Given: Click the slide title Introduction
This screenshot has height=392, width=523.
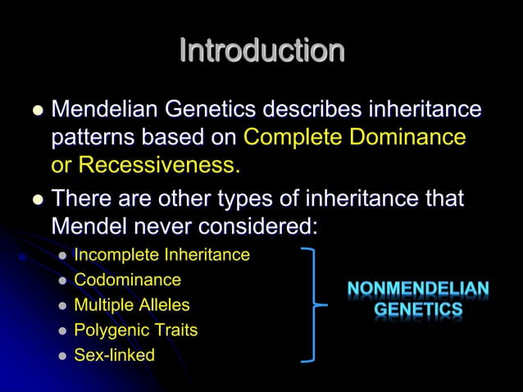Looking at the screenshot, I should click(261, 51).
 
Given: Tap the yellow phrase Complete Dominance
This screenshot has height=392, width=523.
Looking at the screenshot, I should click(355, 137).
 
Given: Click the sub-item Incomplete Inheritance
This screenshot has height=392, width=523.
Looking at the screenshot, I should click(161, 255).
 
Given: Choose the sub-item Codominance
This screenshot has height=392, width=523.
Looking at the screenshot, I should click(127, 280).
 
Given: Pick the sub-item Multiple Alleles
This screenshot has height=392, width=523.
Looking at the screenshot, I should click(131, 305).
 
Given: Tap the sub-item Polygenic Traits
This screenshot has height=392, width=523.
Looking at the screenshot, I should click(135, 330).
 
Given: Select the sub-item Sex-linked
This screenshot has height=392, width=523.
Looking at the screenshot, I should click(114, 356).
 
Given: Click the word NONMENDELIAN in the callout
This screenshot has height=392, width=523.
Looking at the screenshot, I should click(418, 290).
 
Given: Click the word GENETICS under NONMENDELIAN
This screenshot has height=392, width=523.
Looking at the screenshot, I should click(418, 311).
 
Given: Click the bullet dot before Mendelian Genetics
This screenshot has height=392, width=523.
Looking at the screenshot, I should click(33, 111).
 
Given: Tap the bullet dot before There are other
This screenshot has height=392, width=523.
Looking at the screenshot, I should click(33, 199).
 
